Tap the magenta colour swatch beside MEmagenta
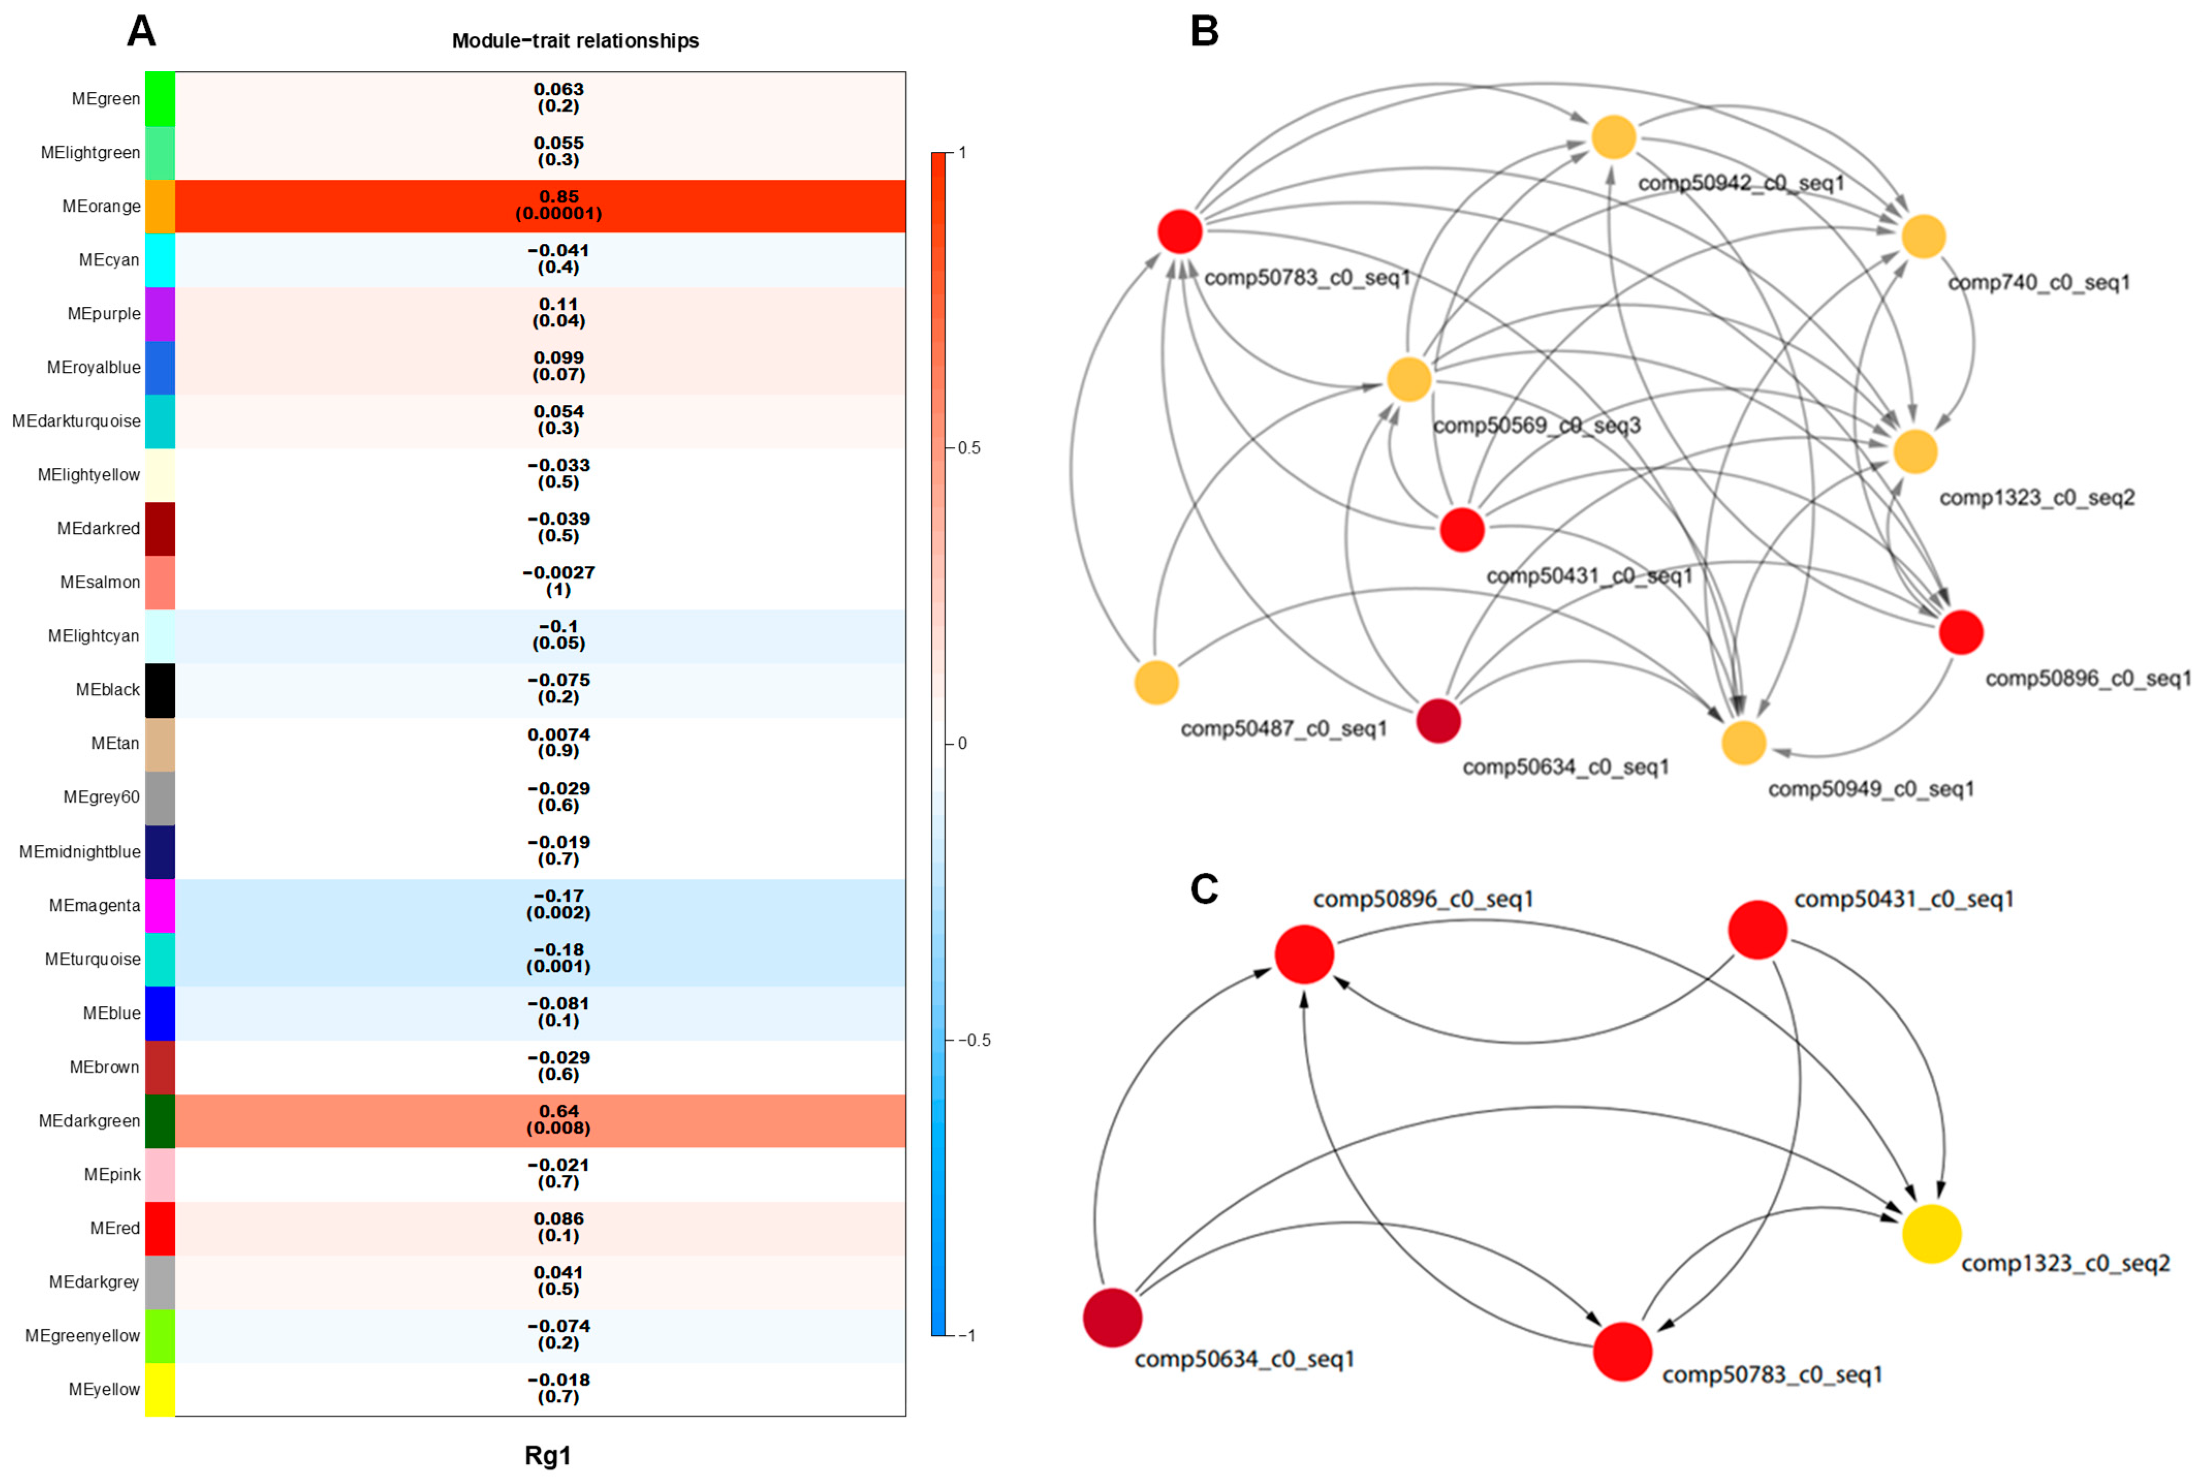point(160,905)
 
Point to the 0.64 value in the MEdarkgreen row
point(559,1111)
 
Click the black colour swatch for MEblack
point(160,690)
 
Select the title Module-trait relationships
point(575,41)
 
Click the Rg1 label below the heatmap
point(548,1456)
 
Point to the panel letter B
point(1204,31)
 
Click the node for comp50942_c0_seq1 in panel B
point(1613,138)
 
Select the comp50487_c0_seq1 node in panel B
point(1156,683)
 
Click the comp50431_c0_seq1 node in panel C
point(1758,930)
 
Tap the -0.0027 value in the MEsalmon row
point(559,573)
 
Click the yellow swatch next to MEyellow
point(160,1390)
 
